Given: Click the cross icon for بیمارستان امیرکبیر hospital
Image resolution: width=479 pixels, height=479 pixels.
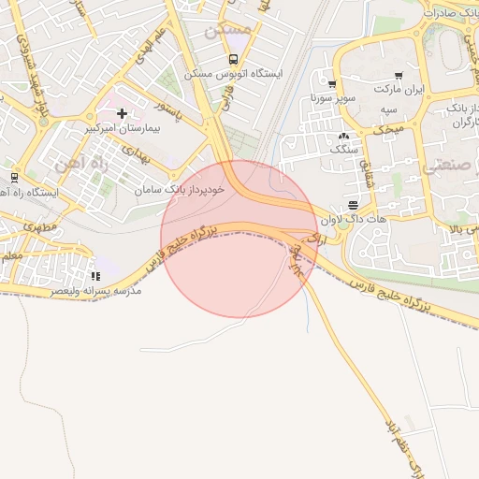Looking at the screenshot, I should pos(122,113).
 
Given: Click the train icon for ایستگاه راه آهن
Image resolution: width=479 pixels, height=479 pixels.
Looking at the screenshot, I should pos(14,177).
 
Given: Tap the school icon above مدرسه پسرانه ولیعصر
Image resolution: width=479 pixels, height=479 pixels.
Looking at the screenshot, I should pos(95,277).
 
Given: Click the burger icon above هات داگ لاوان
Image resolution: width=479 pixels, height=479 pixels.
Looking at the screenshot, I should pos(353,206).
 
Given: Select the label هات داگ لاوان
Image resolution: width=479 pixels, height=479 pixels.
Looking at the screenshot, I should pos(353,220).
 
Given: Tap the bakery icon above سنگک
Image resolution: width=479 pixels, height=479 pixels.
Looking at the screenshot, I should pos(343,135).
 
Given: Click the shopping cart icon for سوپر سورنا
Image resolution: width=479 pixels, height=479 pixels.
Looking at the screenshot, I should pos(332,84).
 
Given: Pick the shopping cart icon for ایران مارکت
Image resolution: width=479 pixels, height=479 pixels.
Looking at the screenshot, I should pos(399,76).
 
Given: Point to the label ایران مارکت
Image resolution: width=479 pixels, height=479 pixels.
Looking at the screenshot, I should pos(399,90).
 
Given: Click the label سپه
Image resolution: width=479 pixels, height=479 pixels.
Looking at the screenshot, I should pos(388,109).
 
